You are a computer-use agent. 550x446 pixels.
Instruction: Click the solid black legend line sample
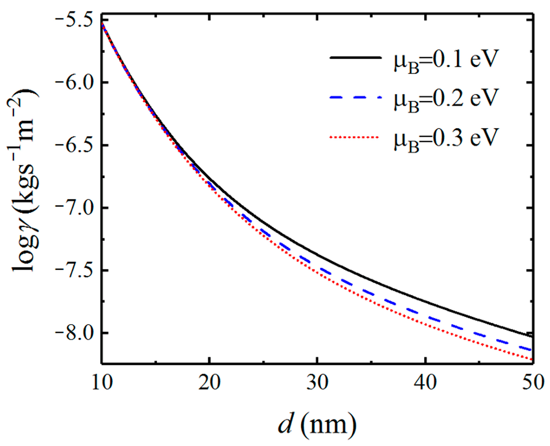click(x=355, y=57)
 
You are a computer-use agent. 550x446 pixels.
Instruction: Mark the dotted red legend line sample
click(x=355, y=137)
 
